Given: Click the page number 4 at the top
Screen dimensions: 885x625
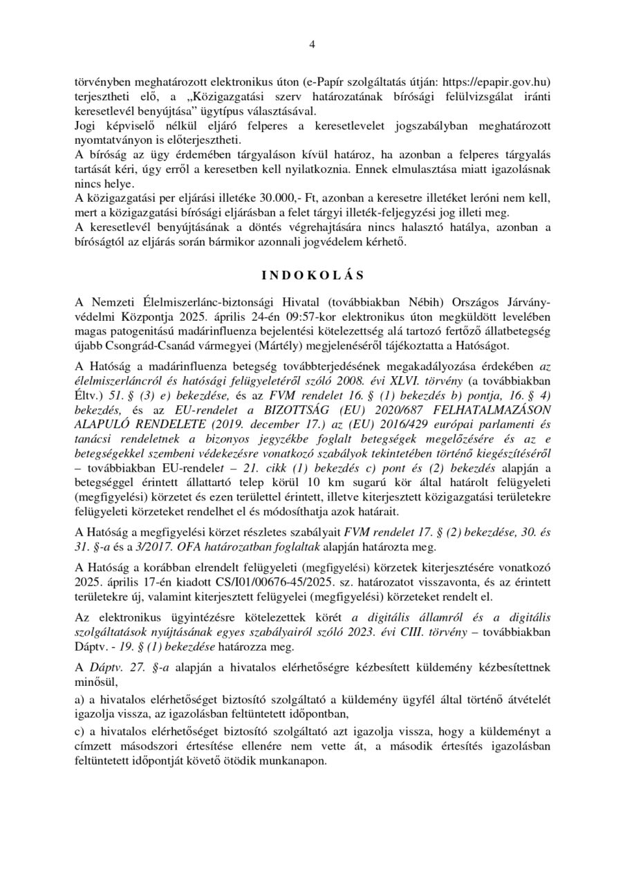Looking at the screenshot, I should [x=312, y=45].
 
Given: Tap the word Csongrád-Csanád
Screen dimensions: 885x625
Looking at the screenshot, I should [x=141, y=345].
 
